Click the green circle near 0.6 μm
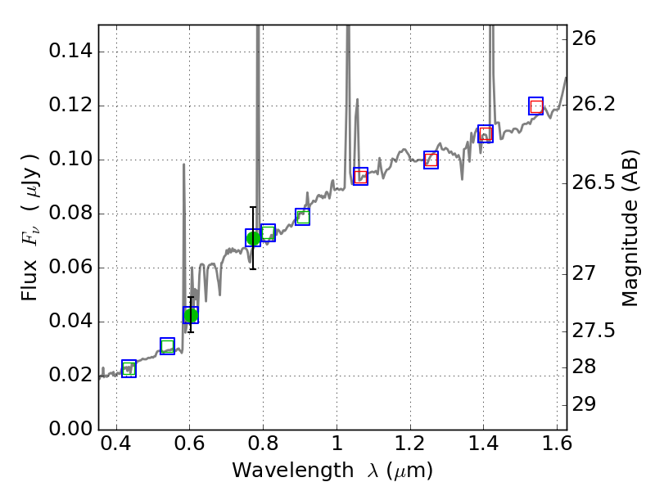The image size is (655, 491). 191,315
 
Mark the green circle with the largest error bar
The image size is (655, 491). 253,238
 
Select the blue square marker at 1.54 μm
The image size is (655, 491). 536,106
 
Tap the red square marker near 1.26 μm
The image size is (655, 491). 431,160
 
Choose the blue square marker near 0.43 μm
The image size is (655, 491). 129,368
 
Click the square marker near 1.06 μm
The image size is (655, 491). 360,176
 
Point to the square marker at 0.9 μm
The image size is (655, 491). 302,217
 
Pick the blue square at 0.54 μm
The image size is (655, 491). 168,346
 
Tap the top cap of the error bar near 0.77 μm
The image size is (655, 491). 253,207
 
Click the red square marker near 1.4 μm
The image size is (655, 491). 486,133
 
